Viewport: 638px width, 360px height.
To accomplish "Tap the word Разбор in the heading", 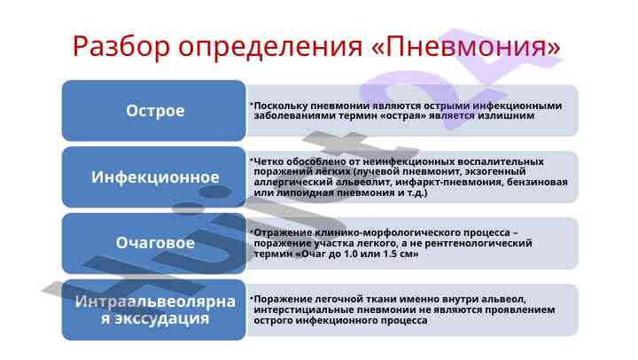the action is click(x=121, y=47).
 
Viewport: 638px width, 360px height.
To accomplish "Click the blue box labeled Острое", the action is click(x=154, y=110).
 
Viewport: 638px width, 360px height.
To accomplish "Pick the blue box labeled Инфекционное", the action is click(x=154, y=177).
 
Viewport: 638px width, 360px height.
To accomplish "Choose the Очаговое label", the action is click(x=155, y=243).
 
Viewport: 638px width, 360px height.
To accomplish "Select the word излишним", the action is click(x=506, y=115).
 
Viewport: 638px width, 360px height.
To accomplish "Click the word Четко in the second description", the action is click(x=268, y=161).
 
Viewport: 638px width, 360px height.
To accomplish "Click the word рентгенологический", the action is click(x=478, y=243).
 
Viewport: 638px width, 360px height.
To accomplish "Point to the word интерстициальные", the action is click(x=300, y=310).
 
